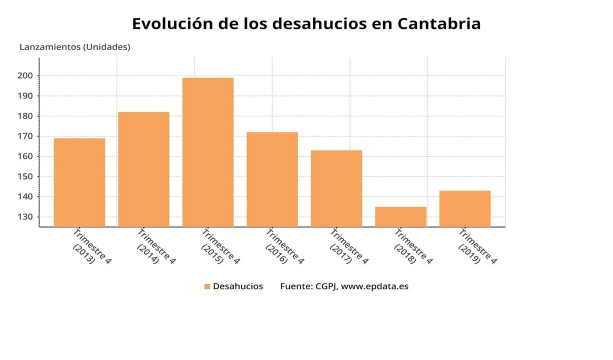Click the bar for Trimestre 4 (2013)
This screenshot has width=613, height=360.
pos(79,182)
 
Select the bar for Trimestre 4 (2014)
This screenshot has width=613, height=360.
pos(143,169)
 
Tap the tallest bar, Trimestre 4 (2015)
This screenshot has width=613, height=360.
pos(208,152)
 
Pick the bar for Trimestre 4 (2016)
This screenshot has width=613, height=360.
pos(272,179)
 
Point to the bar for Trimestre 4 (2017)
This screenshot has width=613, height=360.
pos(336,188)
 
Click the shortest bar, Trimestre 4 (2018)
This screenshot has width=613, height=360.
pos(400,216)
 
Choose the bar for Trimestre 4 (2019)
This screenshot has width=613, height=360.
pos(465,208)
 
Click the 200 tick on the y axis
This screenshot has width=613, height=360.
pos(26,76)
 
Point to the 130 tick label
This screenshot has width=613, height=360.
pos(26,217)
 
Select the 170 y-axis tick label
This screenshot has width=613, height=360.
pos(26,136)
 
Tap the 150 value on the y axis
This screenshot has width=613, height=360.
pos(26,176)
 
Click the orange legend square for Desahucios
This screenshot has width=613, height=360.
pos(207,286)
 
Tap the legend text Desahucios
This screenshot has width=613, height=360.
pos(238,286)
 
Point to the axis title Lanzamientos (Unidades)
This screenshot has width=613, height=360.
pos(74,47)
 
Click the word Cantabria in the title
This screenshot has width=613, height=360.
pos(439,23)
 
